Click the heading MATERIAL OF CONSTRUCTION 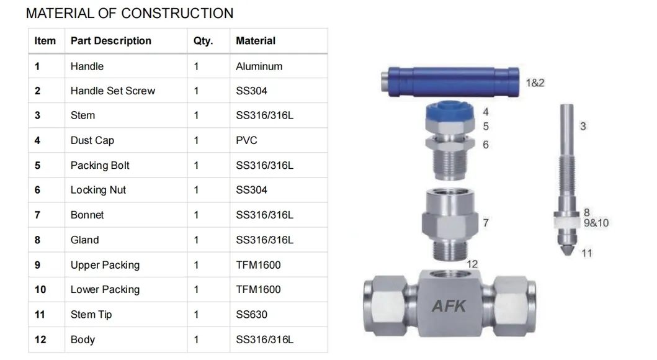pyautogui.click(x=130, y=13)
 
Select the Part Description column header pyautogui.click(x=110, y=41)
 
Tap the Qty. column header pyautogui.click(x=203, y=41)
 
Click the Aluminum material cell pyautogui.click(x=259, y=66)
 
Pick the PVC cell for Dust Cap pyautogui.click(x=246, y=141)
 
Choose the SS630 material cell pyautogui.click(x=251, y=315)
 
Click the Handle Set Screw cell pyautogui.click(x=112, y=91)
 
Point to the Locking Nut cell pyautogui.click(x=98, y=191)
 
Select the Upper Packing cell pyautogui.click(x=105, y=265)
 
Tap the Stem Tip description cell pyautogui.click(x=91, y=315)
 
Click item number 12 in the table pyautogui.click(x=40, y=340)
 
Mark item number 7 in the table pyautogui.click(x=37, y=215)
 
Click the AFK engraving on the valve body pyautogui.click(x=449, y=305)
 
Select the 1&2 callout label pyautogui.click(x=535, y=83)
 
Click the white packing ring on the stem pyautogui.click(x=565, y=220)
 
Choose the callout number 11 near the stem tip pyautogui.click(x=586, y=253)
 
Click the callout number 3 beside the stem pyautogui.click(x=583, y=127)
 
